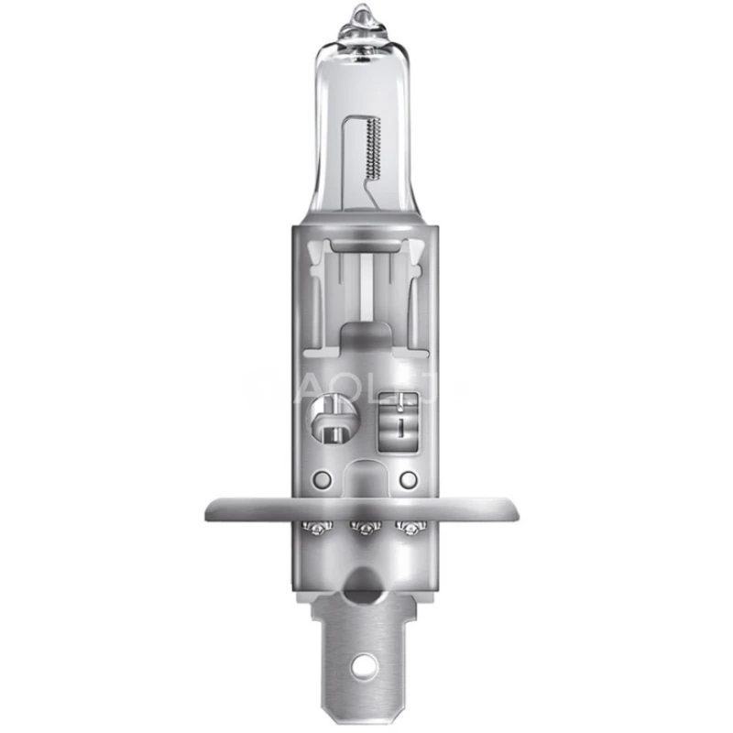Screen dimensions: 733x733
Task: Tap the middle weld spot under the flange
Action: point(366,529)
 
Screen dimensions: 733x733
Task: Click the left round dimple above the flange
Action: point(320,480)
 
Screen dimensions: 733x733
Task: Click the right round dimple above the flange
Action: point(409,479)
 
